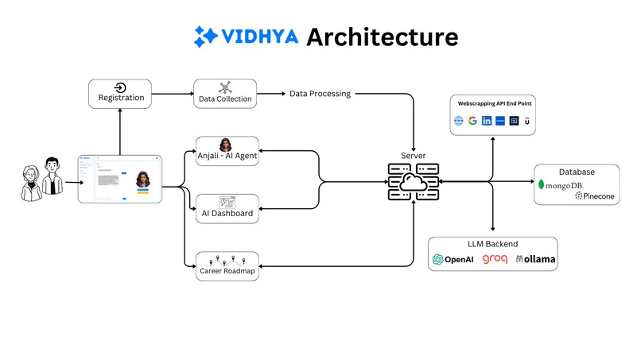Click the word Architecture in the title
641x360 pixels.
tap(382, 37)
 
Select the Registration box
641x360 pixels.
tap(120, 94)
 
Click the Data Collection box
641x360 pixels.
tap(225, 94)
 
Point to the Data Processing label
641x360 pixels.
tap(320, 94)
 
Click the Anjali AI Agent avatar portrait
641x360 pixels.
tap(226, 145)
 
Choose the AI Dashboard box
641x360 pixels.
tap(226, 208)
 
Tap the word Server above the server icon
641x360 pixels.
tap(413, 155)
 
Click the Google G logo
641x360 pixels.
tap(472, 121)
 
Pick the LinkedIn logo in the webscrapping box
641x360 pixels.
tap(486, 121)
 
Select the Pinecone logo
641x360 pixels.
tap(590, 195)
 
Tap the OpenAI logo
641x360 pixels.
tap(453, 260)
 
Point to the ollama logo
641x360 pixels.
tap(535, 260)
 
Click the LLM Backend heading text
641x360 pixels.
tap(492, 242)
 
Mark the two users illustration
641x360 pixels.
tap(41, 176)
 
